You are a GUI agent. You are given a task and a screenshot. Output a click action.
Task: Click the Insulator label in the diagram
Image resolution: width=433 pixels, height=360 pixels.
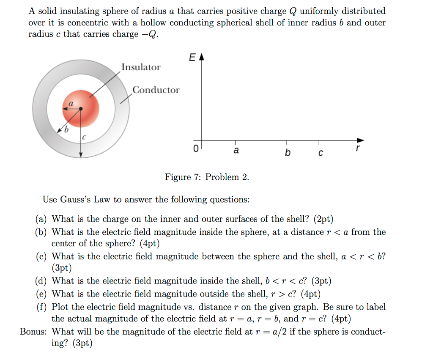(x=141, y=67)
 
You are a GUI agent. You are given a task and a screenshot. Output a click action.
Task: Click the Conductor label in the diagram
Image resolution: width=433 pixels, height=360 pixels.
(x=156, y=90)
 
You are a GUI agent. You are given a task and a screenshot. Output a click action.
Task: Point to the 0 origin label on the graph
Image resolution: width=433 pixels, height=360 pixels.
(x=195, y=149)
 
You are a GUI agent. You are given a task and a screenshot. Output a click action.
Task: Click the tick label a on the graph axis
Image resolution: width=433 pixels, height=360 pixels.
(x=236, y=150)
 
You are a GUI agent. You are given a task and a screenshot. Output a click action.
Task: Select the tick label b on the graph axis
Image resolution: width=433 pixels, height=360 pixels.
(x=288, y=152)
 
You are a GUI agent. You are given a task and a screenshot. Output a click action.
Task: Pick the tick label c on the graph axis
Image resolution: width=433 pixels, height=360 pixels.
(x=320, y=153)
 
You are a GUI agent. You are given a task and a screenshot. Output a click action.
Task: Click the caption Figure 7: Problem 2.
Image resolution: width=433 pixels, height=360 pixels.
(x=207, y=177)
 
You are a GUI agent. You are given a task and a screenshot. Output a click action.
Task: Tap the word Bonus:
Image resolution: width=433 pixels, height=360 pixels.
(x=34, y=331)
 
